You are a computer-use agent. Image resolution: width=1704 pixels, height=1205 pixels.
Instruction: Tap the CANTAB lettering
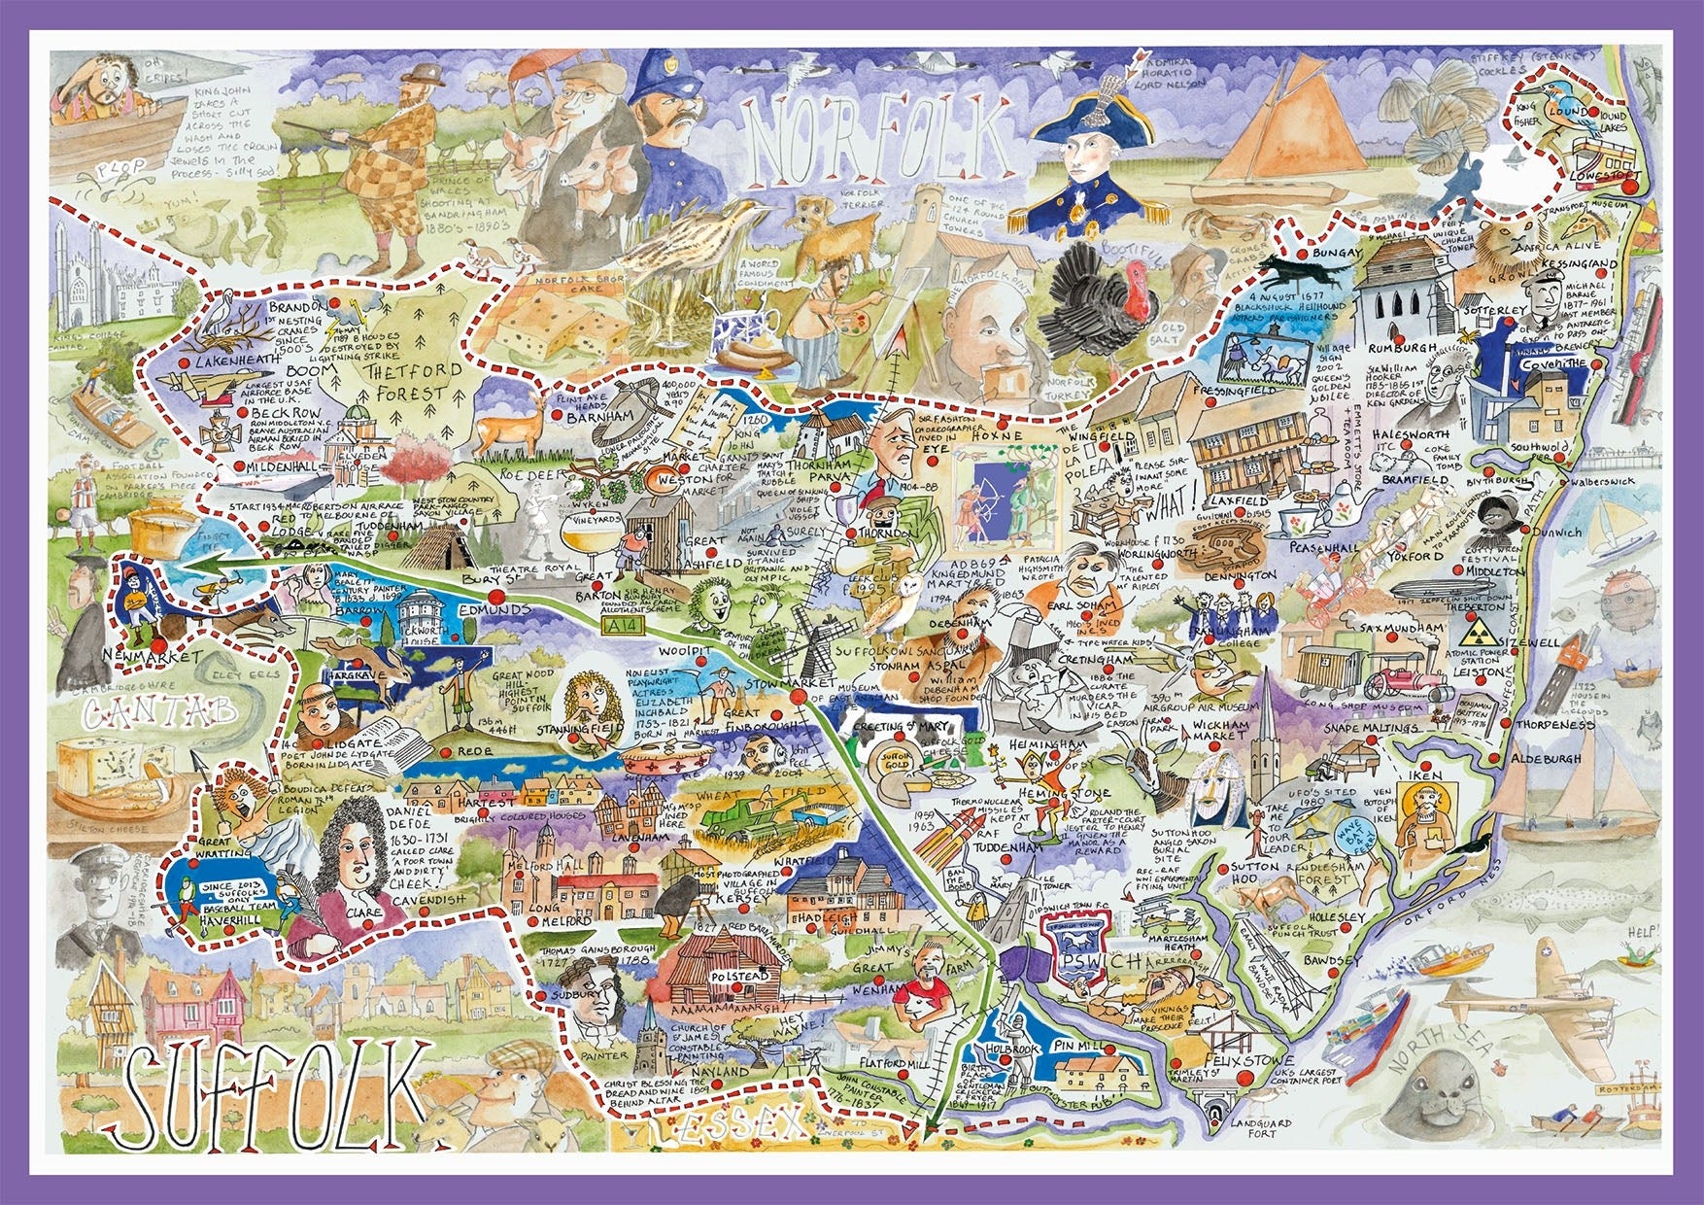(159, 714)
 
